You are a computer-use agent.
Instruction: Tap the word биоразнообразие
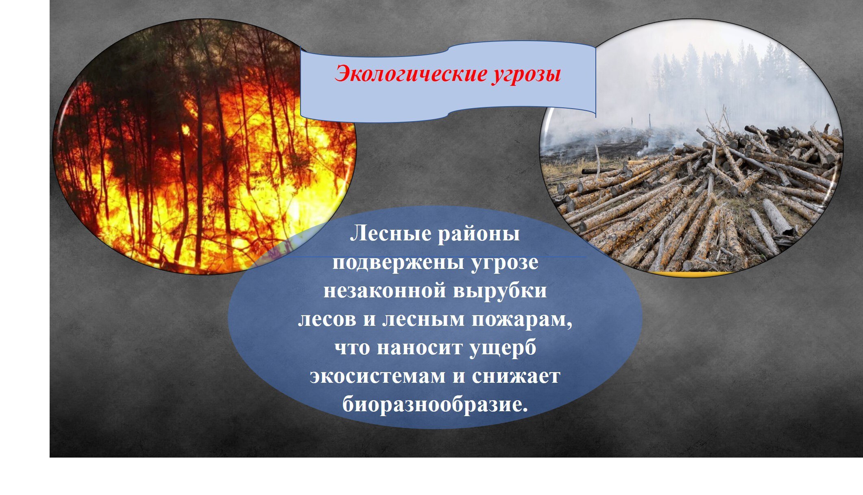pos(435,405)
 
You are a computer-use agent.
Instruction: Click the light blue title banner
pos(448,81)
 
